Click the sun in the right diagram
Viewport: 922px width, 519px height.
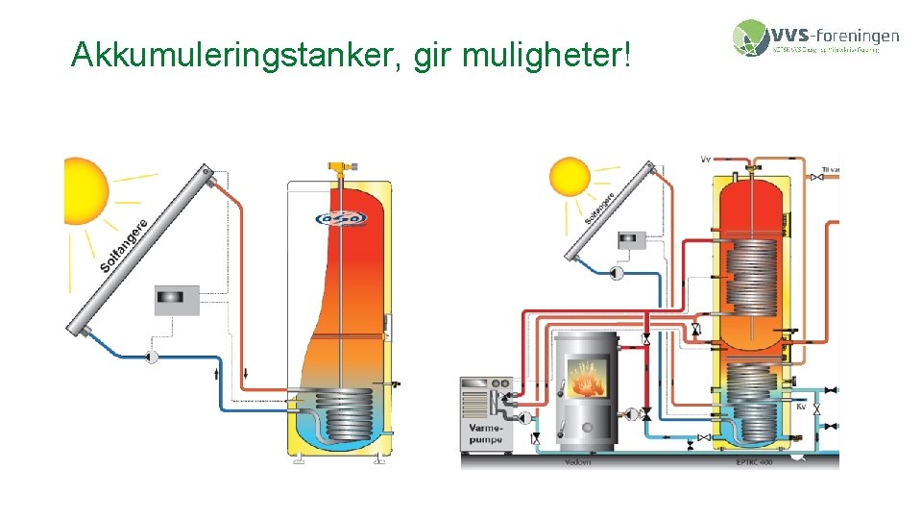tap(569, 179)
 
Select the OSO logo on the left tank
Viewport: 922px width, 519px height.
tap(341, 220)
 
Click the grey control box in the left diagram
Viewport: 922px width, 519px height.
tap(177, 300)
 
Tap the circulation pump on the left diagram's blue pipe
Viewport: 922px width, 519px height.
tap(151, 358)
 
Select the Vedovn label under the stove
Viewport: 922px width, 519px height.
tap(578, 462)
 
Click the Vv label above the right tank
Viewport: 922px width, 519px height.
tap(706, 158)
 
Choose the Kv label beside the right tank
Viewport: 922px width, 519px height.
tap(801, 407)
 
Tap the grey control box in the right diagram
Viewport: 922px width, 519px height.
tap(634, 237)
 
